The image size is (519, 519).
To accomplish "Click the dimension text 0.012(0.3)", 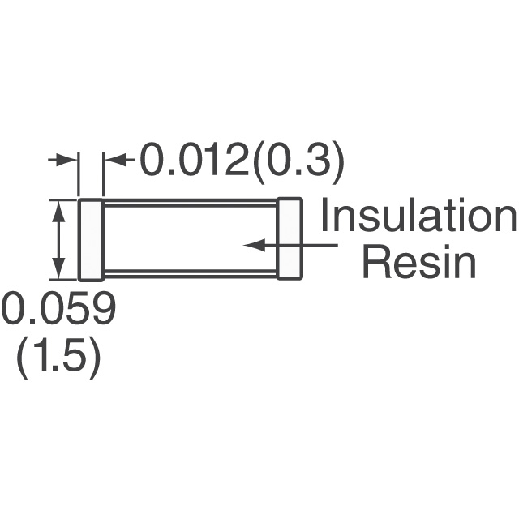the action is [x=242, y=163].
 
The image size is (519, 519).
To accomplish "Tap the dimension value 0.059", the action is [x=59, y=308].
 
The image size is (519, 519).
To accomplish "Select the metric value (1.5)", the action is [x=58, y=358].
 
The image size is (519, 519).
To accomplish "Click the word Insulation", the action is [x=418, y=214].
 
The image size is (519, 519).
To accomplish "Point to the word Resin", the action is [x=419, y=262].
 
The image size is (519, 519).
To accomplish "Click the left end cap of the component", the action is [x=91, y=240].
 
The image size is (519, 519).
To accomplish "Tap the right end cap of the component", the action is [x=290, y=238].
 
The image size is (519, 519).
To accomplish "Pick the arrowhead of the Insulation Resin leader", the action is [x=254, y=245].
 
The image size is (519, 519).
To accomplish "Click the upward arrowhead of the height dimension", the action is [x=59, y=211].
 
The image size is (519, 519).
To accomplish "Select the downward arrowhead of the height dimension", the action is [x=59, y=269].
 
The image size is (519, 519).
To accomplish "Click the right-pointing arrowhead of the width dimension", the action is [x=66, y=160].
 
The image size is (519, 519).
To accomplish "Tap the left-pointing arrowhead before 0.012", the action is [x=115, y=160].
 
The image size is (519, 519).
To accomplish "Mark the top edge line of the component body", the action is [x=191, y=202].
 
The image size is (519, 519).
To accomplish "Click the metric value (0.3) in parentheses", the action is [x=297, y=165].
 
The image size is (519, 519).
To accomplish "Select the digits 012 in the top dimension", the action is [x=212, y=161].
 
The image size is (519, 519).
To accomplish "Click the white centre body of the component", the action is [x=191, y=239].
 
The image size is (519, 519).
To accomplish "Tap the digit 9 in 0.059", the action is [x=103, y=308].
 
